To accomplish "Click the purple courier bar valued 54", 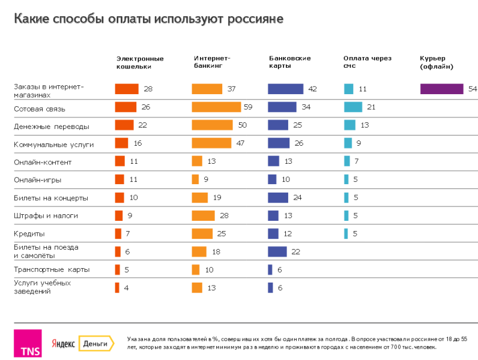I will pos(441,89).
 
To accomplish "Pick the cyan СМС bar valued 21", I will pos(352,107).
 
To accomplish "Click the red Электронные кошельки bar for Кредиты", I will pos(118,233).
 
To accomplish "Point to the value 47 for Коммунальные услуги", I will pos(241,143).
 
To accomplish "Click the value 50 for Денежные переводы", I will pos(242,125).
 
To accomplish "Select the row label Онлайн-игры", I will pos(38,179).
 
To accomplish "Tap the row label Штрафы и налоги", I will pos(46,215).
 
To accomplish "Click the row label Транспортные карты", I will pos(52,269).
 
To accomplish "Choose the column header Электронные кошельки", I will pos(140,62).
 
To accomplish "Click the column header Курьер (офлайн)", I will pos(437,62).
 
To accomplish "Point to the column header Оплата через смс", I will pos(367,62).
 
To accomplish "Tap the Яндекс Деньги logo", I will pos(82,343).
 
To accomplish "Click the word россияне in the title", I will pos(255,19).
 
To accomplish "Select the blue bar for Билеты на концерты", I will pos(278,197).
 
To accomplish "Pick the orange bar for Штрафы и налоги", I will pos(203,215).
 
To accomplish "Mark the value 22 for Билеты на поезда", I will pos(295,251).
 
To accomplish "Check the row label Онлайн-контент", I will pos(43,161).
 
